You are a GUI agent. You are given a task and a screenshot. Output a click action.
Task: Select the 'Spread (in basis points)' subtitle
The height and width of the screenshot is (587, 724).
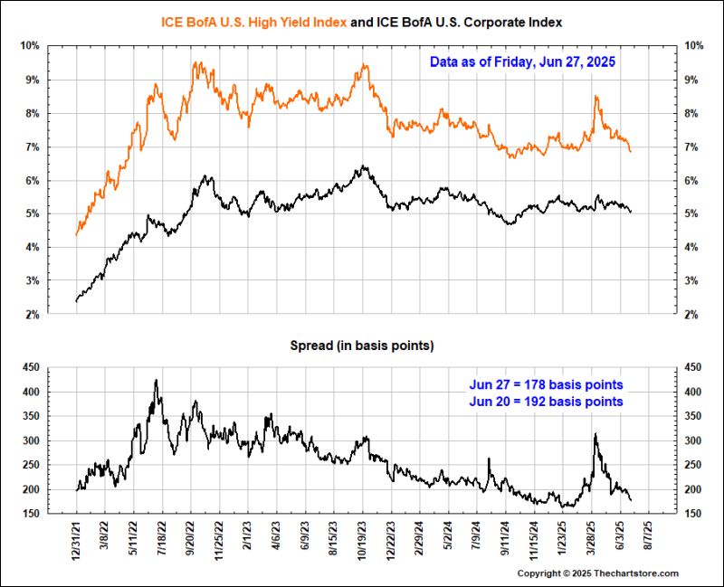pyautogui.click(x=361, y=346)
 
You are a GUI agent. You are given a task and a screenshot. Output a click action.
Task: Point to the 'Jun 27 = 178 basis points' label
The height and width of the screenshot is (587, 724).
pyautogui.click(x=546, y=384)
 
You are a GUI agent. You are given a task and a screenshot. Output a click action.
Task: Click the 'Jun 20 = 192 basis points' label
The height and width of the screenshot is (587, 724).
pyautogui.click(x=546, y=401)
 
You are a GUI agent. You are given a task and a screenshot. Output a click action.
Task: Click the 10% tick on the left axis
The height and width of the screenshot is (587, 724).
pyautogui.click(x=30, y=46)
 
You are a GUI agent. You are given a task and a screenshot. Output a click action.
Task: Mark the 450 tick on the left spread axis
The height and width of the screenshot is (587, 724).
pyautogui.click(x=30, y=368)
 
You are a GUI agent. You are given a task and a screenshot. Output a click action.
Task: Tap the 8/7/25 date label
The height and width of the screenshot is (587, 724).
pyautogui.click(x=649, y=540)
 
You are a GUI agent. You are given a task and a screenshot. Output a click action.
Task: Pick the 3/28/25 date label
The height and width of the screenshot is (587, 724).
pyautogui.click(x=592, y=540)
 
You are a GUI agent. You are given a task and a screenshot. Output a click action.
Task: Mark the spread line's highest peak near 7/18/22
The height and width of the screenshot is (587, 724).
pyautogui.click(x=157, y=380)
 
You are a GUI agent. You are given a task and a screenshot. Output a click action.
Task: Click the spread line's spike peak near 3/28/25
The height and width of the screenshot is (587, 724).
pyautogui.click(x=595, y=435)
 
